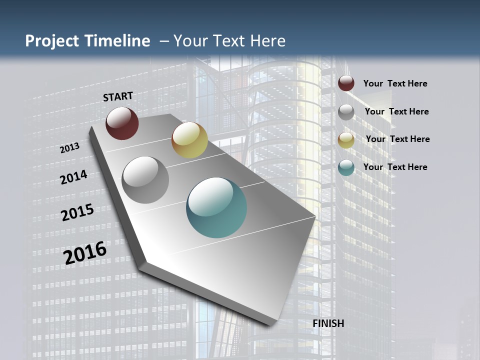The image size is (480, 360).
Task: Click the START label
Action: pyautogui.click(x=118, y=96)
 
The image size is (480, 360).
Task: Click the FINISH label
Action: pyautogui.click(x=328, y=323)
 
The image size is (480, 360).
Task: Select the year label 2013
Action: pyautogui.click(x=69, y=148)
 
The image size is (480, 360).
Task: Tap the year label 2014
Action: pyautogui.click(x=73, y=177)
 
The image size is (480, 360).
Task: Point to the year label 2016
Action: pyautogui.click(x=85, y=253)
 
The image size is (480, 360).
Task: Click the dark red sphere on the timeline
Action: pyautogui.click(x=122, y=123)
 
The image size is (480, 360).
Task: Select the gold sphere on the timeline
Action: pyautogui.click(x=189, y=140)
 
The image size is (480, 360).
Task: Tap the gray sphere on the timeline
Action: pyautogui.click(x=145, y=180)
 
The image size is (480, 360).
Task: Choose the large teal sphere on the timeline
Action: pyautogui.click(x=216, y=207)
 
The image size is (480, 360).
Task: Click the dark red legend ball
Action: pyautogui.click(x=346, y=83)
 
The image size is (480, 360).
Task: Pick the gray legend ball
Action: pyautogui.click(x=346, y=112)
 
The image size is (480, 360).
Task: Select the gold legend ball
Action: pyautogui.click(x=346, y=140)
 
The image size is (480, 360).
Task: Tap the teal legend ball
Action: pyautogui.click(x=346, y=167)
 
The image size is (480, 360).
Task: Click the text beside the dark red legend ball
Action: pyautogui.click(x=395, y=84)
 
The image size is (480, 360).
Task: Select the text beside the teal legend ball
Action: pyautogui.click(x=395, y=167)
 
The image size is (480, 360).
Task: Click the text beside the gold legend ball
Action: pyautogui.click(x=397, y=139)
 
